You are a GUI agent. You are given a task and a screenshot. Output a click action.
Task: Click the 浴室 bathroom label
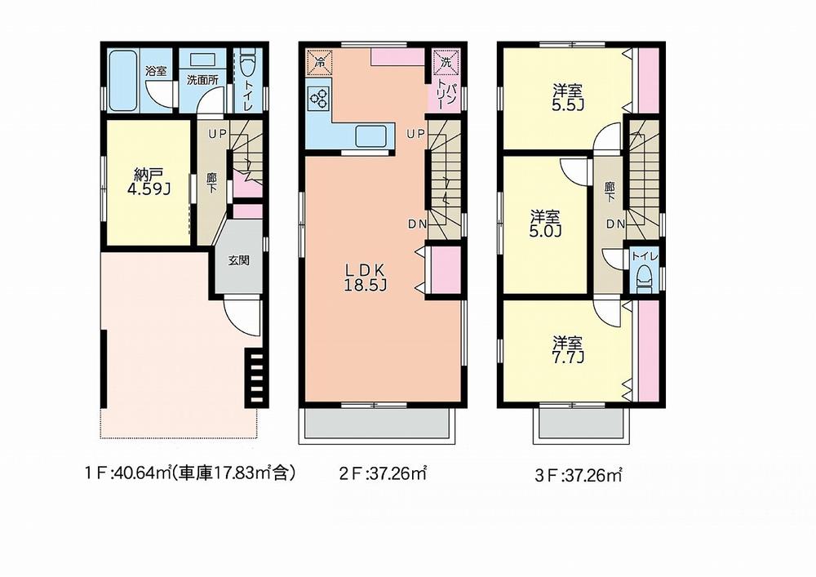pos(156,71)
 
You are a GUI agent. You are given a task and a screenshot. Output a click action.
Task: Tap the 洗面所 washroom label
pos(202,81)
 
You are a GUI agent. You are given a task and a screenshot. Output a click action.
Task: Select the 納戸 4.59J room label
pos(149,181)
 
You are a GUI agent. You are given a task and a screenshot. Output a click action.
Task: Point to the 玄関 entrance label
pos(238,260)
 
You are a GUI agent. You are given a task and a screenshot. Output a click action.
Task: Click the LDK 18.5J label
pos(365,277)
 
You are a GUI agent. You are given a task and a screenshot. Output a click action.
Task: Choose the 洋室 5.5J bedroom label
pos(567,98)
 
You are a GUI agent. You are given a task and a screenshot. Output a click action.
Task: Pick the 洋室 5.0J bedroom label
pos(545,223)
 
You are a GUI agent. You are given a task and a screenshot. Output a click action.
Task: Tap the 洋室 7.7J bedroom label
pos(567,350)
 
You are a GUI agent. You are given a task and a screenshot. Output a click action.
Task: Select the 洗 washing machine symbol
pos(447,62)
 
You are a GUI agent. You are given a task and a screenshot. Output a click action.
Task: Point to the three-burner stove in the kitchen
pos(318,98)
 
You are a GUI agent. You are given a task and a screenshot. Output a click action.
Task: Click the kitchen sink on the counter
pos(371,137)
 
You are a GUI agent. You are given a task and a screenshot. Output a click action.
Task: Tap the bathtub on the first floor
pos(123,81)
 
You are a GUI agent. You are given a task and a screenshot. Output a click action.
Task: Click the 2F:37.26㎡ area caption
pos(383,473)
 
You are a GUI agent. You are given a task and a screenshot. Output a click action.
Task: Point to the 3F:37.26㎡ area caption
pos(579,475)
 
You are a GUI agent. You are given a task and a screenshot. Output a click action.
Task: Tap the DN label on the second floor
pos(417,224)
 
